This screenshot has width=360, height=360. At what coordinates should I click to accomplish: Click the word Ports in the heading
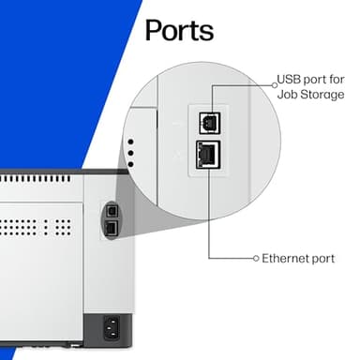(x=179, y=30)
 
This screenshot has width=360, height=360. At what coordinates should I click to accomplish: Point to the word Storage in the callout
(x=321, y=96)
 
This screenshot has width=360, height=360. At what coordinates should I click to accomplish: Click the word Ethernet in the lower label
(x=284, y=257)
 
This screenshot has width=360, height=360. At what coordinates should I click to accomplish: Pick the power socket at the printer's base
(x=113, y=328)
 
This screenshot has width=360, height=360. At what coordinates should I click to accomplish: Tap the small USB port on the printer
(x=111, y=212)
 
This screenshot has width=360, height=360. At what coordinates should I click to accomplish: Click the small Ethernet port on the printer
(x=111, y=228)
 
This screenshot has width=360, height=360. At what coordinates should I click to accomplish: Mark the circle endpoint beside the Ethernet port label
(x=255, y=257)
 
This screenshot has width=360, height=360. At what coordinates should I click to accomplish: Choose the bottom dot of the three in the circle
(x=129, y=164)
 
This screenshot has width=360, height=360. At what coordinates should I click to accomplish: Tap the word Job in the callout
(x=287, y=96)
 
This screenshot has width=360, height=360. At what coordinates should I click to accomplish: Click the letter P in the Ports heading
(x=154, y=30)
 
